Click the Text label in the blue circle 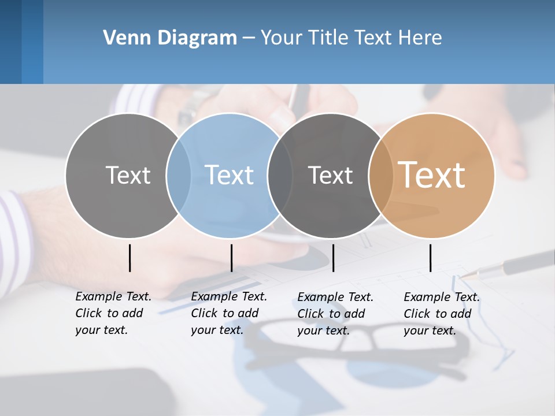(x=230, y=175)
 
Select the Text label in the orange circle (x=432, y=175)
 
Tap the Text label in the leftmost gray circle (x=128, y=175)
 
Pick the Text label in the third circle (x=330, y=175)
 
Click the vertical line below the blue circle (x=231, y=258)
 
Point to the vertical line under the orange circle (x=430, y=258)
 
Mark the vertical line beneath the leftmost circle (x=129, y=258)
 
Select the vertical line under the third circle (x=333, y=258)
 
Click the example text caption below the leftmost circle (x=113, y=313)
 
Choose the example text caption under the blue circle (x=228, y=313)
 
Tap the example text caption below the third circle (x=335, y=314)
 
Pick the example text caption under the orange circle (x=441, y=314)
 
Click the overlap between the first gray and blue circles (x=178, y=175)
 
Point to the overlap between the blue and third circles (x=280, y=175)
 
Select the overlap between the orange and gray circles (x=381, y=175)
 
